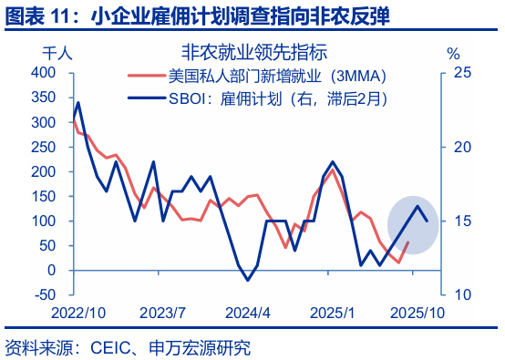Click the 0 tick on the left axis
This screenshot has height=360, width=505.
(x=52, y=271)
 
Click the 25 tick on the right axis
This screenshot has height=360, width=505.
(x=462, y=72)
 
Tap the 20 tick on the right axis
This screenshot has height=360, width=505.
(x=462, y=147)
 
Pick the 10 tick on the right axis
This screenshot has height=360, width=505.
(x=462, y=295)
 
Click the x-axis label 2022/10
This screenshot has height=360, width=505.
(x=78, y=313)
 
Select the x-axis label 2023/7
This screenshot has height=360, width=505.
(x=162, y=313)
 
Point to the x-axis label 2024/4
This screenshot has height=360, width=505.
(x=247, y=313)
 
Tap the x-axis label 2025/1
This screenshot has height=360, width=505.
(x=332, y=313)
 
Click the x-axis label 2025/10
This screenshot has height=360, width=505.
(x=416, y=313)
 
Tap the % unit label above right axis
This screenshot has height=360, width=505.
(x=453, y=53)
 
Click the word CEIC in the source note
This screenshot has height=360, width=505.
(x=108, y=347)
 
